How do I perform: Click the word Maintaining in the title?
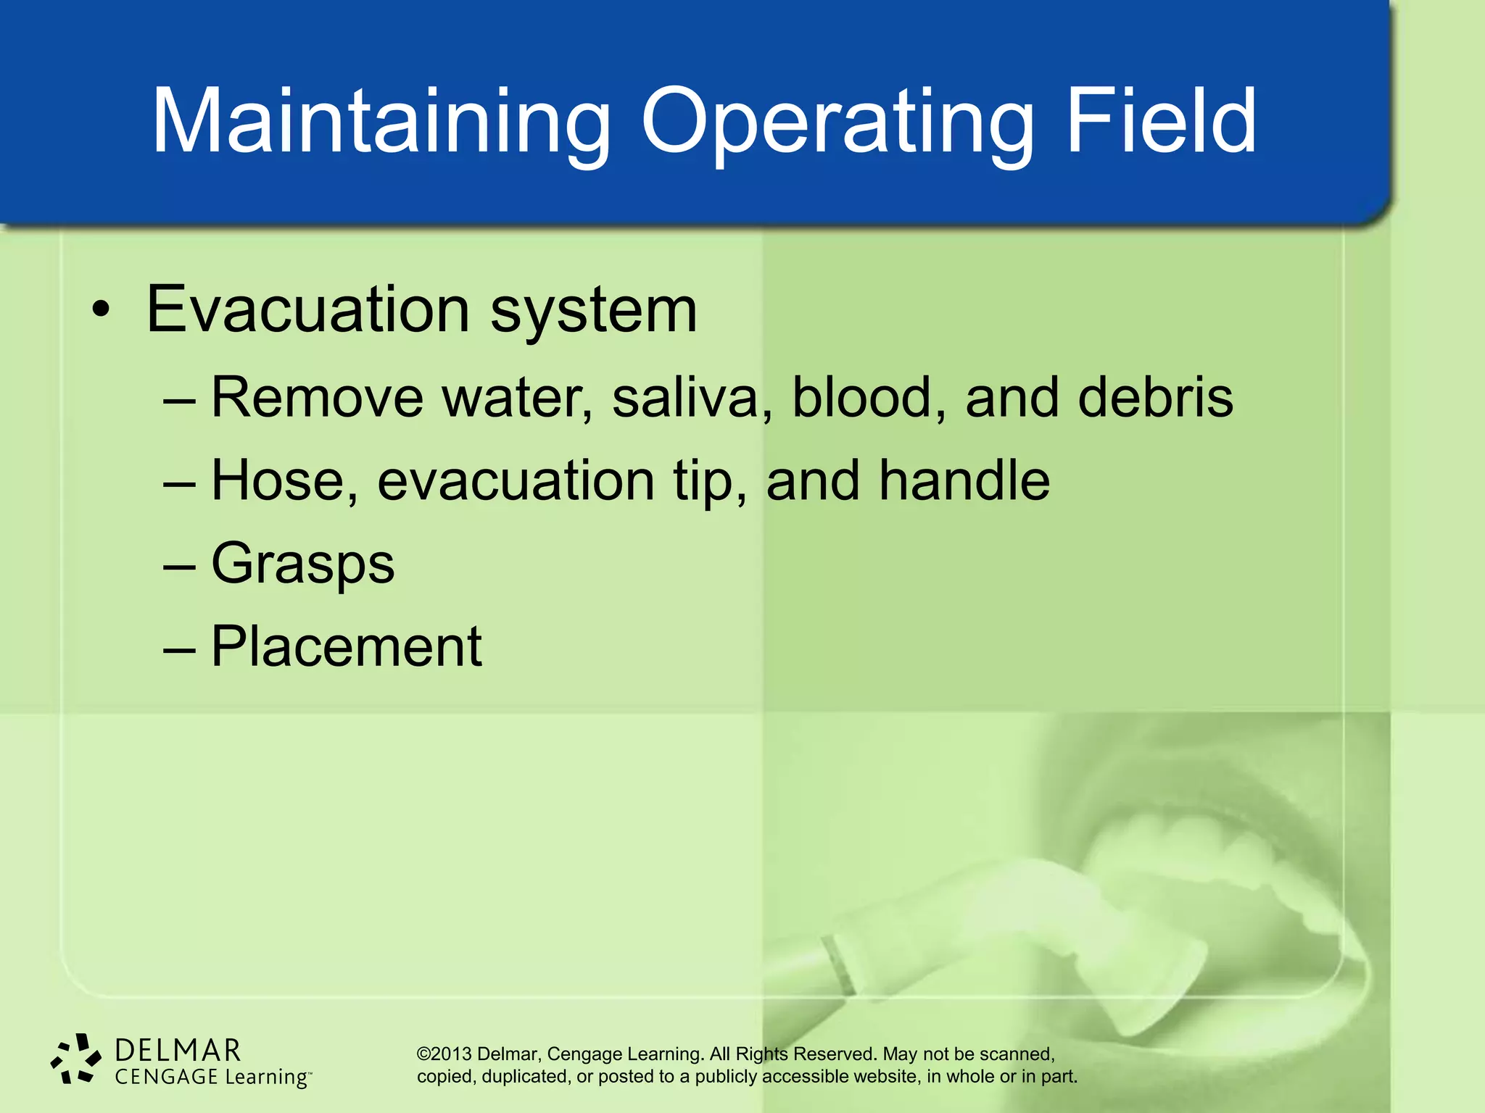pos(381,122)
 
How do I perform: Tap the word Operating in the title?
pos(836,122)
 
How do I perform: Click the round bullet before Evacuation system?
pos(102,311)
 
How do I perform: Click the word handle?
pos(964,481)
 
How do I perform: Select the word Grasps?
pos(302,564)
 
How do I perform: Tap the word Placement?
pos(346,646)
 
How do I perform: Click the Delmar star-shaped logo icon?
pos(75,1059)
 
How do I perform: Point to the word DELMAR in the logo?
pos(178,1050)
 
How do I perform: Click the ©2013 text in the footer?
pos(444,1054)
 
